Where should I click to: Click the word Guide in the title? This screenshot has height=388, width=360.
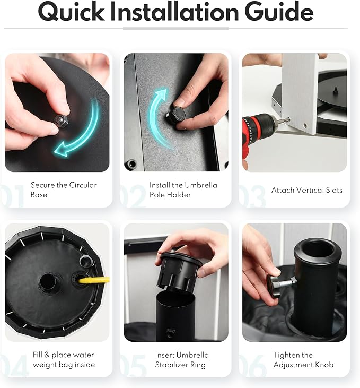[x=279, y=12]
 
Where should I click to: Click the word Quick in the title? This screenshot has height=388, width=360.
[x=71, y=12]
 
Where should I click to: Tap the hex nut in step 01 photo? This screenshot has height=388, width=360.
[x=62, y=121]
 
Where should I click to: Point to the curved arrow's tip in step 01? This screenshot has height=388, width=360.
[x=55, y=150]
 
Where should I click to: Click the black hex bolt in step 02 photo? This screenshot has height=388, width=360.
[x=177, y=115]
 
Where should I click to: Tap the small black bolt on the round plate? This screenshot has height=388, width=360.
[x=335, y=90]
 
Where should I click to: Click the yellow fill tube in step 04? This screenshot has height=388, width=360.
[x=94, y=280]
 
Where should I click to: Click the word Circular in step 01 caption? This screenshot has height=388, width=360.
[x=83, y=185]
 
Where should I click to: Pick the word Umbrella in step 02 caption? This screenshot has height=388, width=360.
[x=201, y=185]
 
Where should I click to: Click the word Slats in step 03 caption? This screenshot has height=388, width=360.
[x=334, y=190]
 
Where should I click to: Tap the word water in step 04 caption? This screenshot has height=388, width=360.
[x=82, y=355]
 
